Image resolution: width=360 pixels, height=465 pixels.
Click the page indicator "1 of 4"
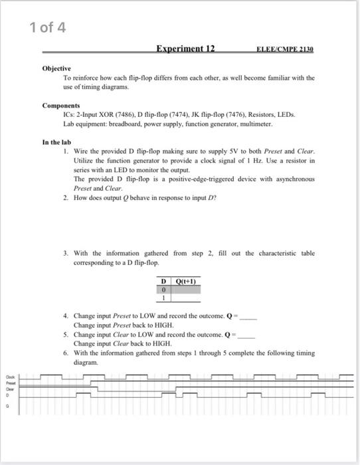point(48,27)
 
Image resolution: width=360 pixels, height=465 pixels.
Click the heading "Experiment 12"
point(185,49)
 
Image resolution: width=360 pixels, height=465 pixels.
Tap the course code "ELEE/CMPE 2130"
point(285,50)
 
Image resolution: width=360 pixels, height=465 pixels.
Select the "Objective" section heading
point(56,68)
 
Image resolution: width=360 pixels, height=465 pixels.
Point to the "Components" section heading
point(61,106)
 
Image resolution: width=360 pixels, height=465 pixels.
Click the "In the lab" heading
point(56,142)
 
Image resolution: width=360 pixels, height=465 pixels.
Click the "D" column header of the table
point(163,280)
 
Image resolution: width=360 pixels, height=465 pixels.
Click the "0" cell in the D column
point(163,289)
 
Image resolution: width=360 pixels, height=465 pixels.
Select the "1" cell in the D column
point(163,298)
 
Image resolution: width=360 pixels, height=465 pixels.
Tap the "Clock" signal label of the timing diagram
point(10,376)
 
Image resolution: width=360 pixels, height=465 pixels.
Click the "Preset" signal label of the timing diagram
point(10,382)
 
